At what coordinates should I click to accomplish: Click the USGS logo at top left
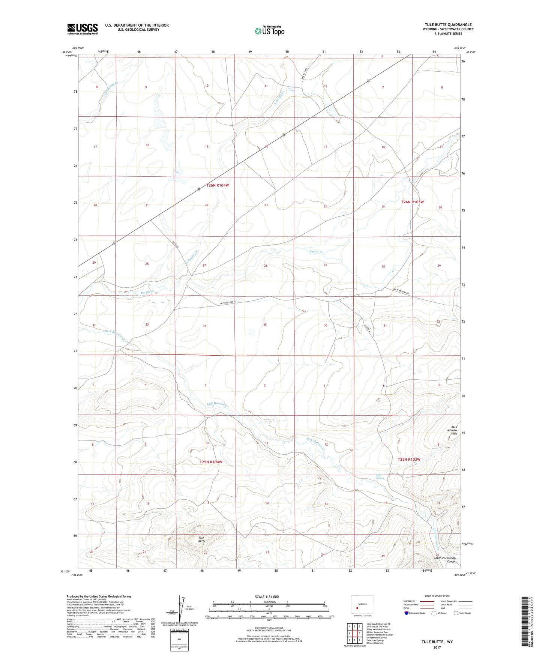[x=82, y=29]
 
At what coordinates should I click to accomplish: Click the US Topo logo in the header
[x=269, y=31]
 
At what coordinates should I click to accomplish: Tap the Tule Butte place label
[x=202, y=539]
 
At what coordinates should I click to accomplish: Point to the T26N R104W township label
[x=218, y=185]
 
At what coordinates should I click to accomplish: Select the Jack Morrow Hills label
[x=454, y=430]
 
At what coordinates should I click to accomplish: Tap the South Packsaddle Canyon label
[x=445, y=560]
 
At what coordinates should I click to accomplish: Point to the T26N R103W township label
[x=413, y=202]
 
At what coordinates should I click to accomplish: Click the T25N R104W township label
[x=211, y=462]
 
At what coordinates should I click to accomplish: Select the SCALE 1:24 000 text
[x=267, y=597]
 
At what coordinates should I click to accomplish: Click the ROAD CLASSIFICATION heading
[x=437, y=596]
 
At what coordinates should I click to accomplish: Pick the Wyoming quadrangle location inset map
[x=362, y=605]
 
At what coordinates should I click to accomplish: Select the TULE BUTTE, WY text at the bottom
[x=437, y=642]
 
